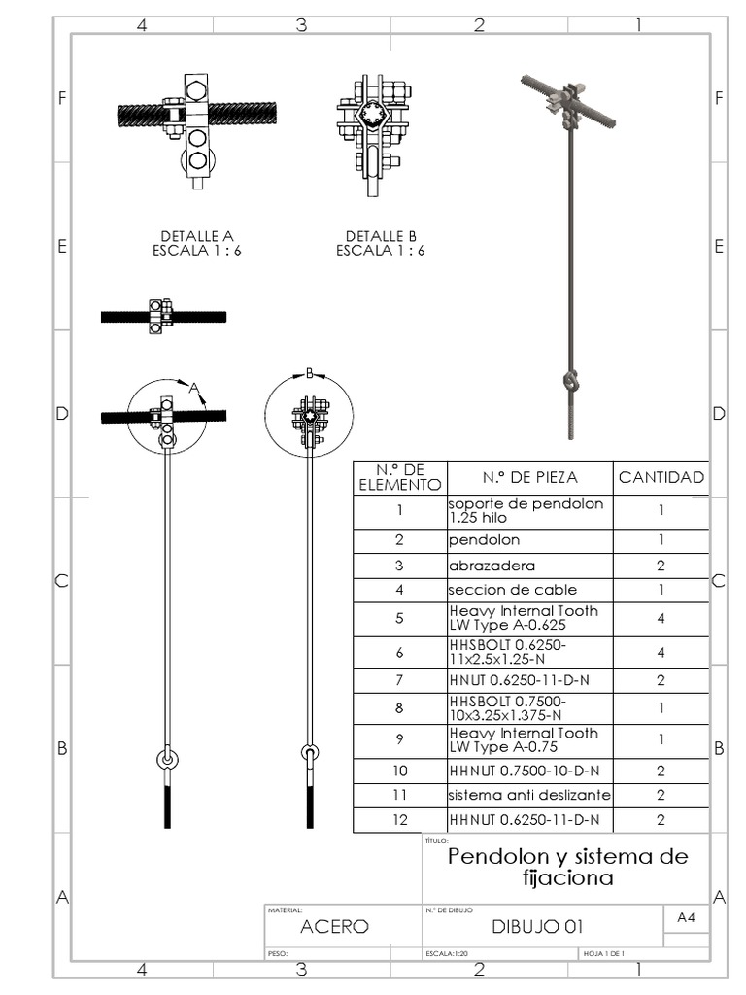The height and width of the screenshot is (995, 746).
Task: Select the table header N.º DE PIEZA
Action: click(x=529, y=477)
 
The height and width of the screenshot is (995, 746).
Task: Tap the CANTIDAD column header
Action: click(x=661, y=477)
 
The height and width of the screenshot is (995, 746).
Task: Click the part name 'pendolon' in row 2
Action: click(x=484, y=539)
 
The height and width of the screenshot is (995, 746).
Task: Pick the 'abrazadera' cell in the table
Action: click(x=492, y=565)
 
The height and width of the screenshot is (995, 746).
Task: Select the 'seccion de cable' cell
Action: click(x=512, y=590)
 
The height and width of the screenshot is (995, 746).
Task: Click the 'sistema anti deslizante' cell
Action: click(x=529, y=795)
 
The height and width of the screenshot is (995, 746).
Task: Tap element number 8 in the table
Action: click(x=399, y=708)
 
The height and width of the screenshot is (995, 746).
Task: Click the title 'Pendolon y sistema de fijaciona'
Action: click(x=567, y=867)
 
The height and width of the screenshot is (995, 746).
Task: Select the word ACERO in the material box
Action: click(x=334, y=927)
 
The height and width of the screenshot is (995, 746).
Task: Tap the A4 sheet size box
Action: click(x=685, y=917)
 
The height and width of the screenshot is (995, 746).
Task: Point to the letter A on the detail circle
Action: click(x=194, y=389)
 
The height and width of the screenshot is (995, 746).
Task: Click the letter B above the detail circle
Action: click(x=309, y=373)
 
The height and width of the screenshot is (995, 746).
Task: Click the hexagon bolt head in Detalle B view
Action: click(x=372, y=114)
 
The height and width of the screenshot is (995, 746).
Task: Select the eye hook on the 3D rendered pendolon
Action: click(x=570, y=377)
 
